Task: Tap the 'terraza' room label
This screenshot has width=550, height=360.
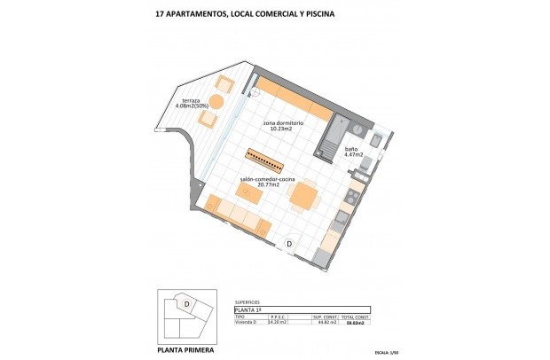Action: (191, 101)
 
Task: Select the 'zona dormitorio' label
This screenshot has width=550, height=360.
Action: (284, 122)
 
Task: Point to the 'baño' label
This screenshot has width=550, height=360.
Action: (350, 149)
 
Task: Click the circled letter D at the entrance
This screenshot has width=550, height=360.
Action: (289, 244)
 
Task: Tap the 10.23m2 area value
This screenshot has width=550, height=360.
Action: (282, 129)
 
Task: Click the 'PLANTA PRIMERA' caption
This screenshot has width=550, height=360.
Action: (184, 348)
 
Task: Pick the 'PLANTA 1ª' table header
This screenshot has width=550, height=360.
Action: (250, 309)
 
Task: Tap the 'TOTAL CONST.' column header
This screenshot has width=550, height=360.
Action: (355, 317)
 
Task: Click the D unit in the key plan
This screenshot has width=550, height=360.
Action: (187, 303)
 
